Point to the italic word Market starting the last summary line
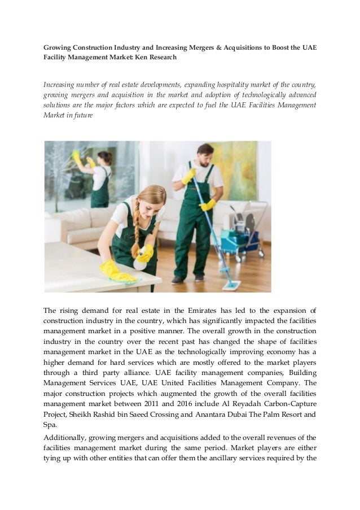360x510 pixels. pyautogui.click(x=56, y=115)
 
